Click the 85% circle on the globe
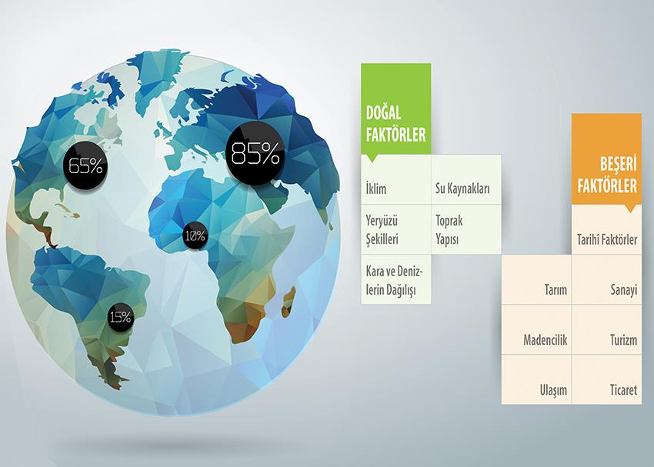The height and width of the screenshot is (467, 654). (255, 153)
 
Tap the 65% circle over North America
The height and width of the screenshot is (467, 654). (85, 166)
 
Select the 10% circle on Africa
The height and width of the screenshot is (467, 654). (195, 236)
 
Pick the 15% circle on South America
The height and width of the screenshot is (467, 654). (121, 317)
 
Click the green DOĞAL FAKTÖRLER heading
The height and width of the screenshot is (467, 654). (395, 108)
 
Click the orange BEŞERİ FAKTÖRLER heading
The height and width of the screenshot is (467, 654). (606, 158)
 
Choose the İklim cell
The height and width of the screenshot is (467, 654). (395, 180)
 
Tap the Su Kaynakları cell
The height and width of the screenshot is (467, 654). (466, 180)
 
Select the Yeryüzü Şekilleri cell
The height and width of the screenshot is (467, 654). (395, 229)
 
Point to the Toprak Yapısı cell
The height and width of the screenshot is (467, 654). (466, 229)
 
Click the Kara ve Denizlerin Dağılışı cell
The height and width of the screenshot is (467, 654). (395, 279)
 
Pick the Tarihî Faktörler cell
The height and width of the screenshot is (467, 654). (606, 229)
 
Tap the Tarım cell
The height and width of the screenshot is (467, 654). (536, 280)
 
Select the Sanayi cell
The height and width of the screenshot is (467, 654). (606, 280)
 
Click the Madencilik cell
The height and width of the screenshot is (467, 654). (536, 330)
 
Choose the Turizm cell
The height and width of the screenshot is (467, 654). (606, 330)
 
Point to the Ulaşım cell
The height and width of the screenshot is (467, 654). (536, 379)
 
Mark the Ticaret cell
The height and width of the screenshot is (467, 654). (606, 379)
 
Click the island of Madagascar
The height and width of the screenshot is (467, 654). (289, 302)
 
